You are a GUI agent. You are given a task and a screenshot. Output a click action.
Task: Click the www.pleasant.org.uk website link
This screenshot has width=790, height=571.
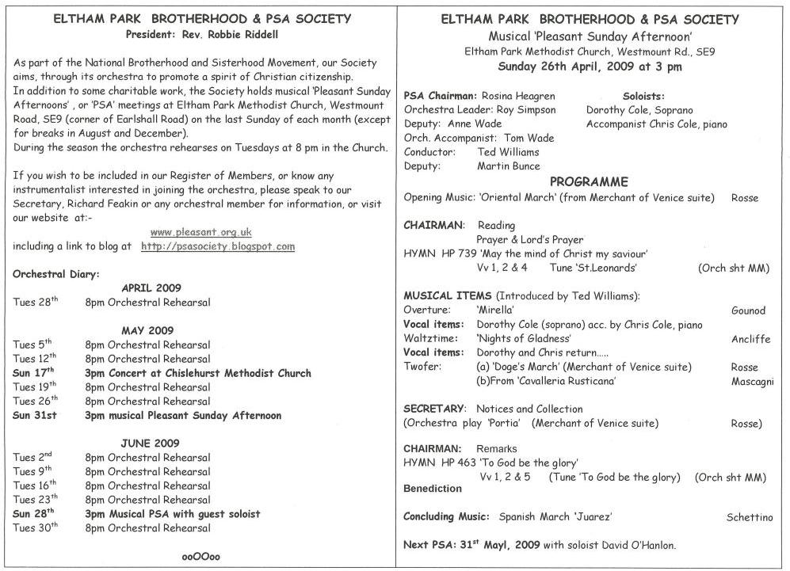200,232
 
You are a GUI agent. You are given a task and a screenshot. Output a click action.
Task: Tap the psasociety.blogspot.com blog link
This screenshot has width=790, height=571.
218,246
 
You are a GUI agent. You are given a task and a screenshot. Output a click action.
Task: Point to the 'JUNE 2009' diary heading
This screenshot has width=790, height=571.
151,443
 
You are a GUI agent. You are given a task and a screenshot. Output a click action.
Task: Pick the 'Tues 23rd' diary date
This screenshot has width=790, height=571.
36,500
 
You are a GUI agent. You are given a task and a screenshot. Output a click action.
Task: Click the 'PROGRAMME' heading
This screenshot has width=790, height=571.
590,181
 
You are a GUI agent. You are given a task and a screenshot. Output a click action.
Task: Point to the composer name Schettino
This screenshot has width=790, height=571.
749,517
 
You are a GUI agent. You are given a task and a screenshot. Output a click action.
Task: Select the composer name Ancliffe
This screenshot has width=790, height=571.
750,339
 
